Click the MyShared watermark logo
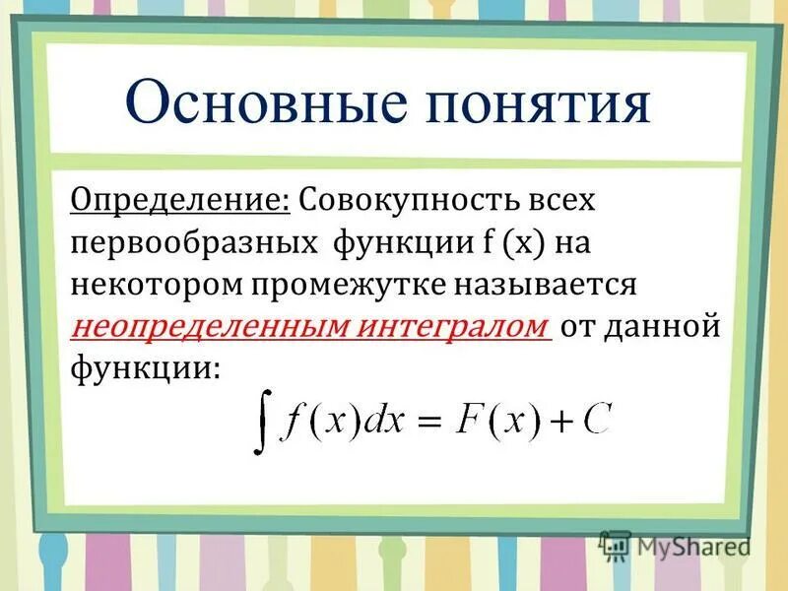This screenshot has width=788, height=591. click(675, 545)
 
